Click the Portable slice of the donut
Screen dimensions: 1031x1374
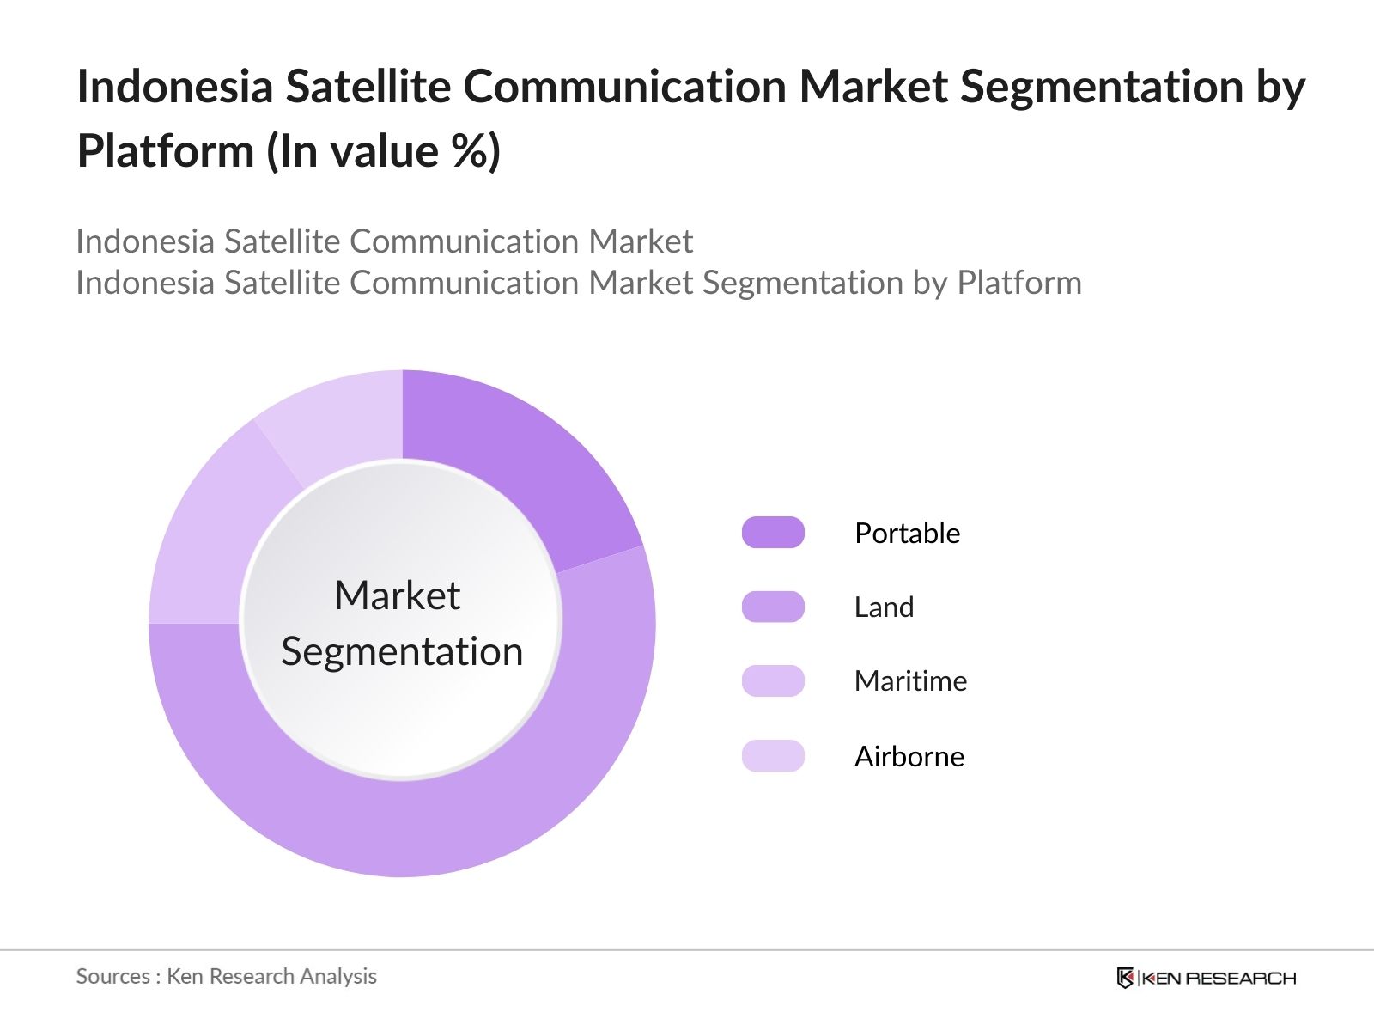tap(516, 465)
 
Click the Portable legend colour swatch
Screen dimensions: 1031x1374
tap(773, 533)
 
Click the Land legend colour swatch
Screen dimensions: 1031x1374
tap(773, 607)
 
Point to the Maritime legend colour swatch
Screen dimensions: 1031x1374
tap(773, 680)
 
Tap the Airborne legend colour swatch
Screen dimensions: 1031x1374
tap(773, 756)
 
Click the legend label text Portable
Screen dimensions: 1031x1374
tap(907, 533)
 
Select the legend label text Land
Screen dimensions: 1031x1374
tap(884, 607)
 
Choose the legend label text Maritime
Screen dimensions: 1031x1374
tap(910, 680)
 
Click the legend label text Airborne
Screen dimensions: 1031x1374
tap(909, 756)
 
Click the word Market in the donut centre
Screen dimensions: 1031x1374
tap(397, 595)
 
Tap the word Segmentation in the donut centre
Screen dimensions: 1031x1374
tap(402, 651)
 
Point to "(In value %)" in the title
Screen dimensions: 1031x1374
tap(383, 151)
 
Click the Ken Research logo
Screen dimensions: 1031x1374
tap(1206, 978)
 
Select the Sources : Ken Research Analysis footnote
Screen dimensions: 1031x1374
tap(226, 976)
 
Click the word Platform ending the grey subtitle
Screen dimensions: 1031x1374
tap(1018, 283)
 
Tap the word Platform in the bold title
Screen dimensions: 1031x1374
tap(165, 151)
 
